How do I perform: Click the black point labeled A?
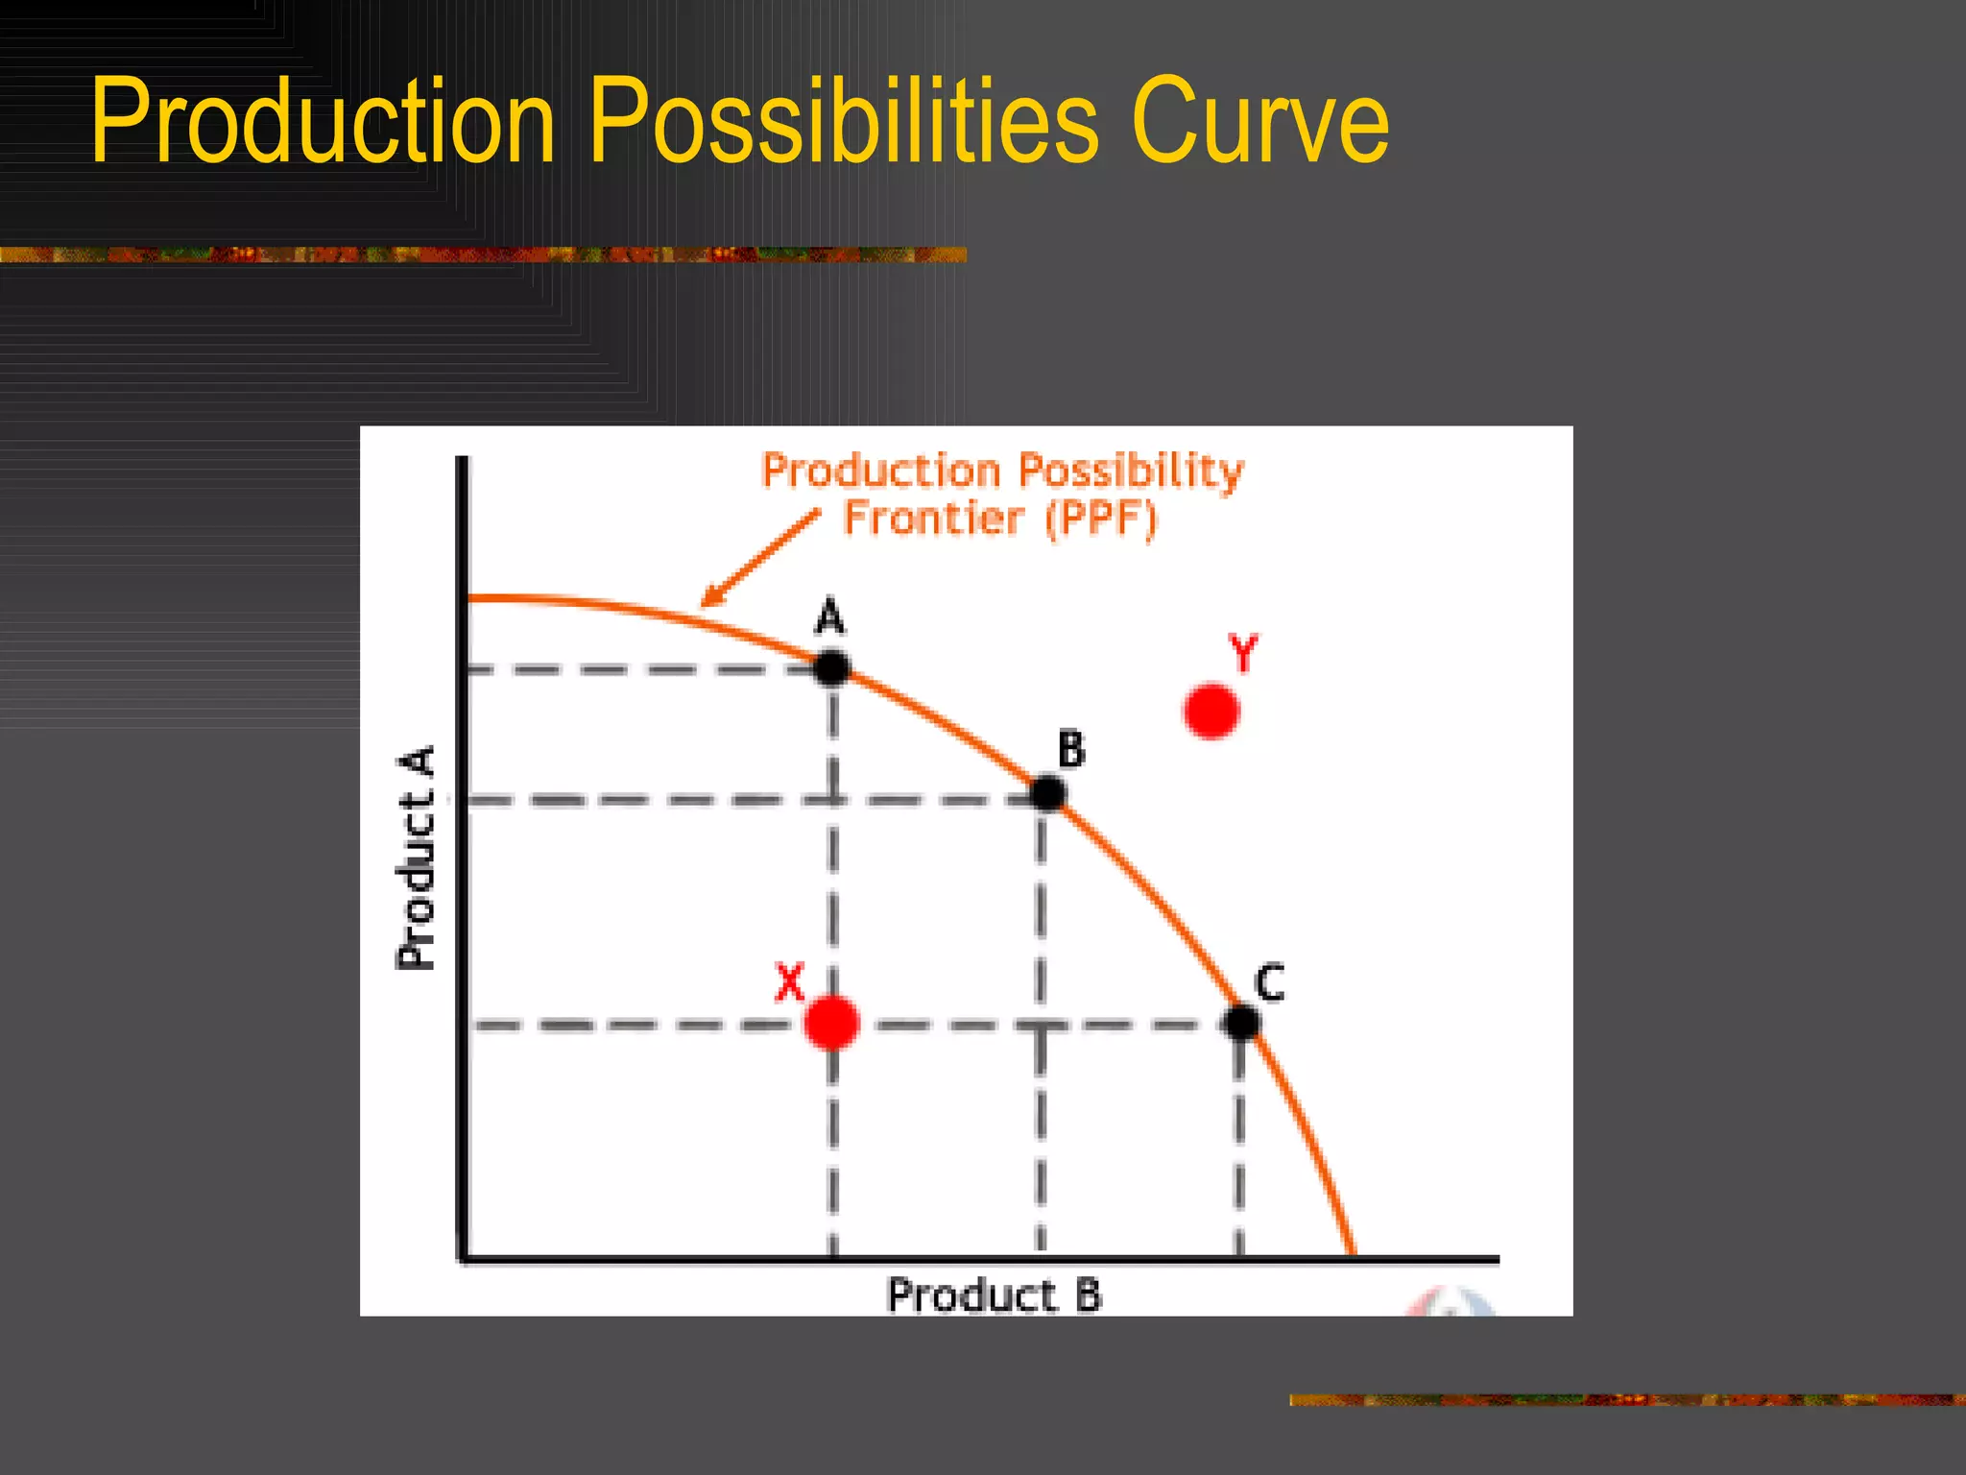point(831,666)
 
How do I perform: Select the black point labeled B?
point(1047,793)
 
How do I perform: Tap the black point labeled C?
point(1243,1022)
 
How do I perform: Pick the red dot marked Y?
point(1211,711)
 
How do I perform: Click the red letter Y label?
point(1243,654)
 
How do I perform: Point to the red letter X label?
point(789,982)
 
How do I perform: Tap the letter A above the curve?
point(830,617)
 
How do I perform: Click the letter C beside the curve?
point(1270,983)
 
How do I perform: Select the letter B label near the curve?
point(1071,749)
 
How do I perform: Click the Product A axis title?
point(417,857)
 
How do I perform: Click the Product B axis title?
point(995,1295)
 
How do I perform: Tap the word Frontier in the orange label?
point(933,519)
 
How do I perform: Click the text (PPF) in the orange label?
point(1101,519)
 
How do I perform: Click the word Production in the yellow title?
point(323,121)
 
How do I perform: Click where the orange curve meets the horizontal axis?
point(1354,1253)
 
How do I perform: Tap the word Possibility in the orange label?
point(1131,471)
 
